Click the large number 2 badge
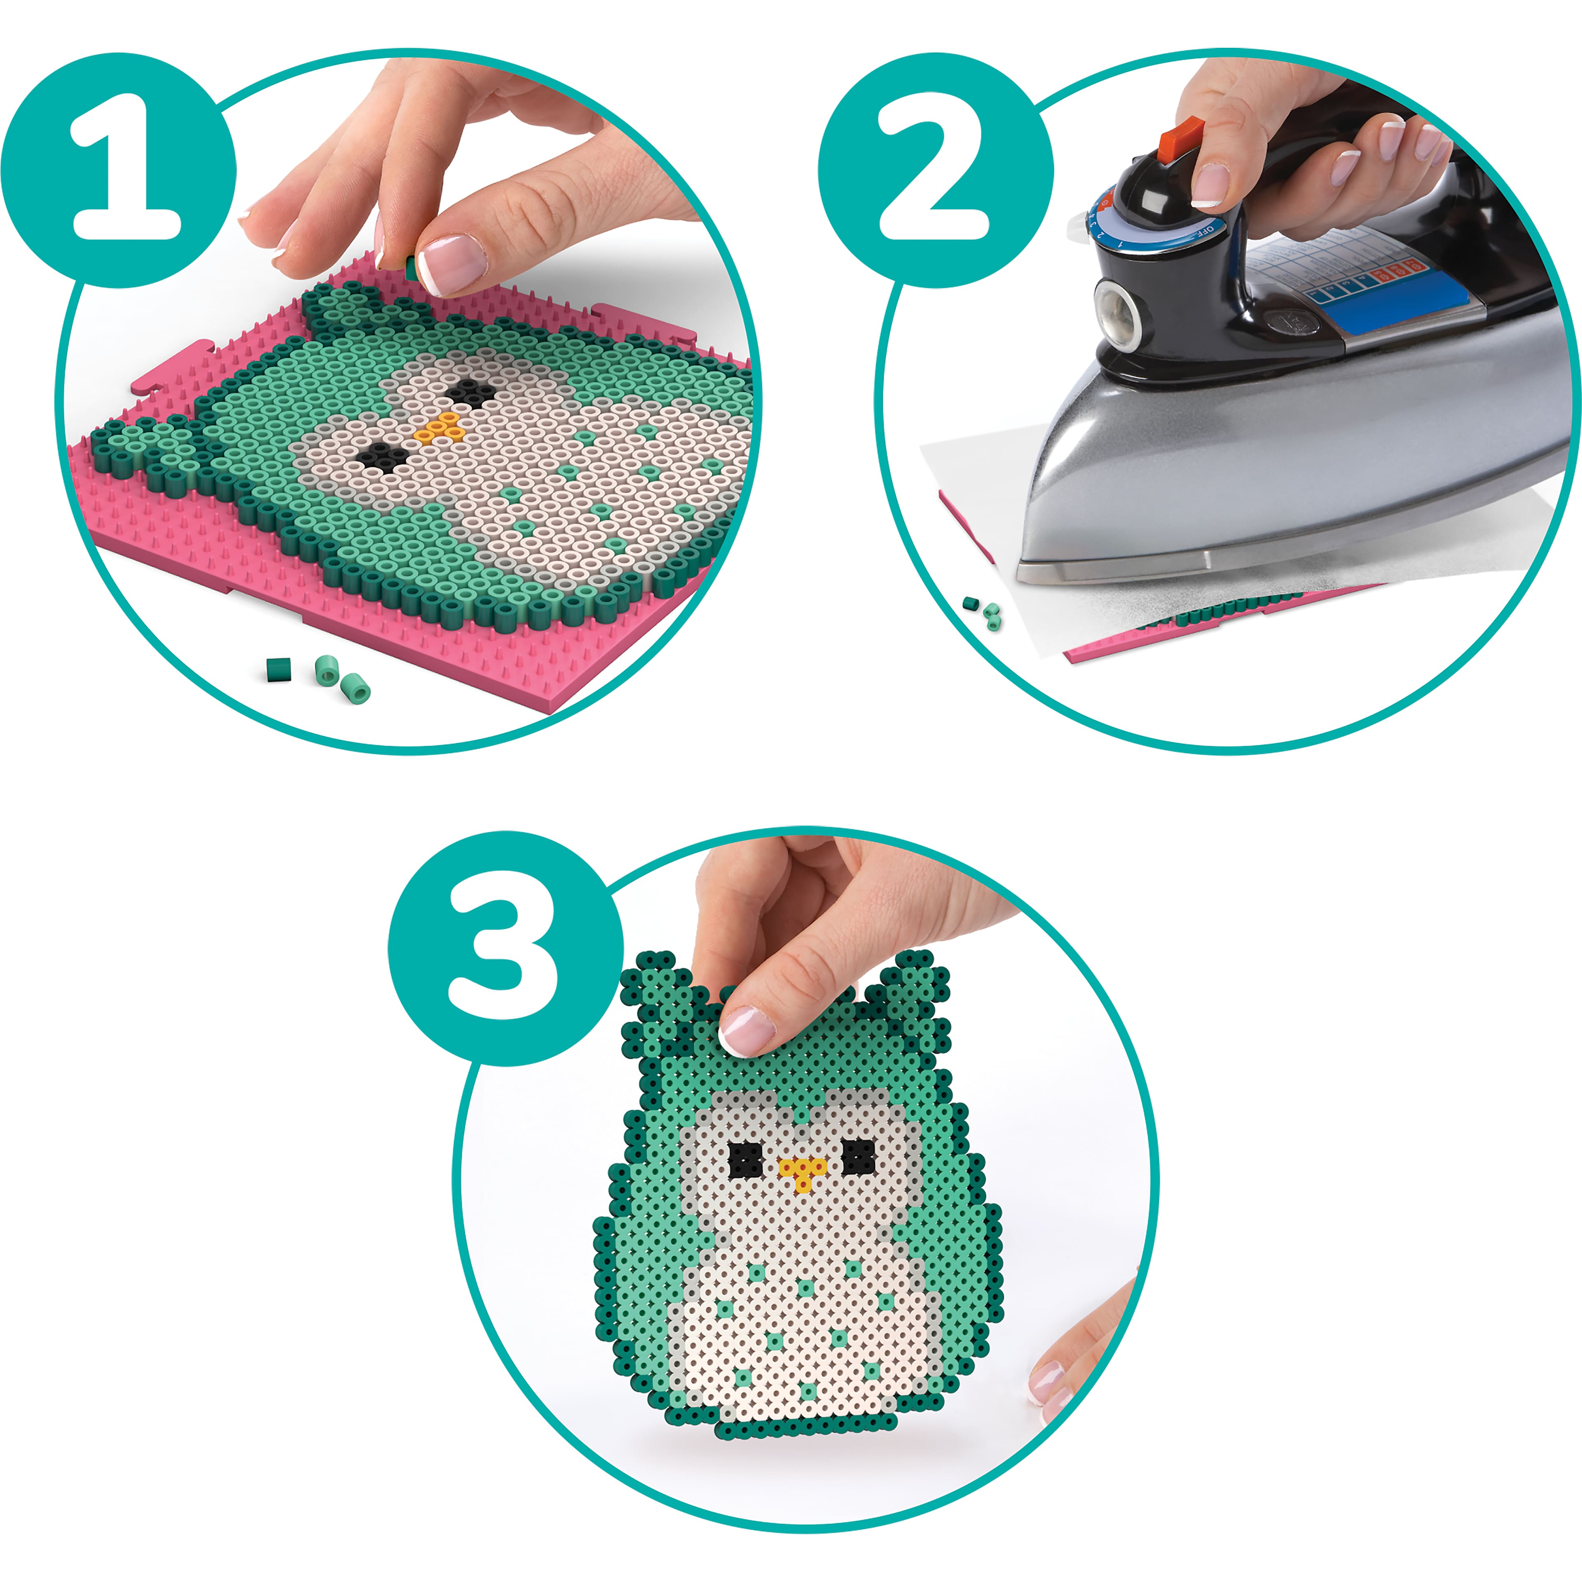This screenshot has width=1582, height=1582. (935, 170)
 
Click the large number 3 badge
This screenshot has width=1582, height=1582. (505, 948)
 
